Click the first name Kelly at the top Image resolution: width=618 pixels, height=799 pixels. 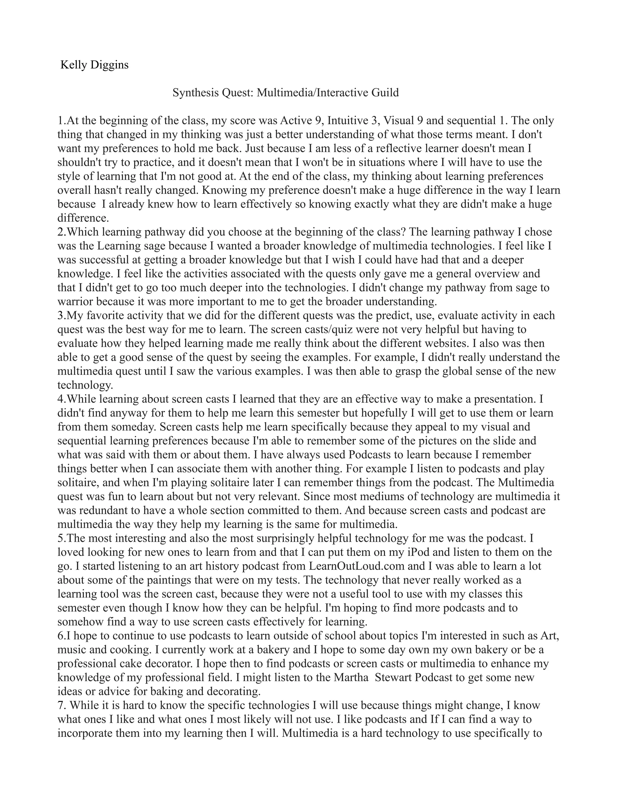(x=72, y=65)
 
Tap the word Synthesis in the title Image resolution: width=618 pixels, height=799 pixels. (x=194, y=93)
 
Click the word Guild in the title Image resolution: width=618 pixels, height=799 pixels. (x=385, y=93)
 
